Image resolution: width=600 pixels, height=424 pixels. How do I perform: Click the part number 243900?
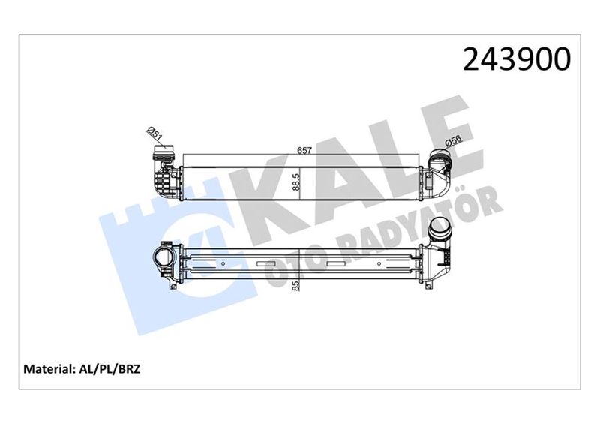[x=517, y=59]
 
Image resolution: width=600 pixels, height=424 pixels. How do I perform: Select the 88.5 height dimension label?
[x=297, y=183]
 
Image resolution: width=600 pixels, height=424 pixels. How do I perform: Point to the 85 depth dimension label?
[x=297, y=285]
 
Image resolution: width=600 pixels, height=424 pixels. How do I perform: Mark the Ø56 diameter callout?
[x=453, y=141]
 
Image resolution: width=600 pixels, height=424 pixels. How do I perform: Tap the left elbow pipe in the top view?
[x=163, y=170]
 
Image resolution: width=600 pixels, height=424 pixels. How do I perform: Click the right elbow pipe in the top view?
[x=441, y=170]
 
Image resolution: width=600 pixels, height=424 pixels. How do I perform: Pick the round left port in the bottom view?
[x=163, y=259]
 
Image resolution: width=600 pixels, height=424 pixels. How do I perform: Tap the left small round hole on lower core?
[x=223, y=263]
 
